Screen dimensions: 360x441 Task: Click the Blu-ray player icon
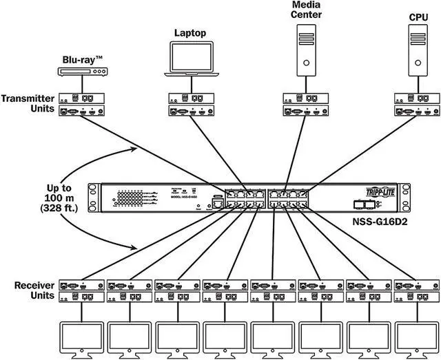coord(81,71)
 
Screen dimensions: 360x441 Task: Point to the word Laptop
coord(189,32)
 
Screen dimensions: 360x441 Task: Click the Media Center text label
coord(307,10)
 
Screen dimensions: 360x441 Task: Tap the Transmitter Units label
coord(27,104)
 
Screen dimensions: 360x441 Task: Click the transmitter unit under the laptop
coord(189,104)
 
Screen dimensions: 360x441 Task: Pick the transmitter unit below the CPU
coord(417,104)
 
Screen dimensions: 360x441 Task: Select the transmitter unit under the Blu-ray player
coord(81,104)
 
